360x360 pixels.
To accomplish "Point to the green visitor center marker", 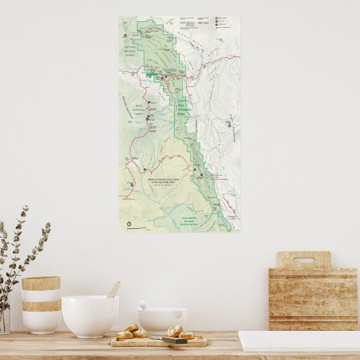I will click(163, 76).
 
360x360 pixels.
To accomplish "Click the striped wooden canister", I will click(41, 304).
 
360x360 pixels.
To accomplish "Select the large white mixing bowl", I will click(90, 316).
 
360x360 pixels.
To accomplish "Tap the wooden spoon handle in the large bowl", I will click(113, 289).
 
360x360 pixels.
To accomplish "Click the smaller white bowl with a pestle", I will click(162, 320).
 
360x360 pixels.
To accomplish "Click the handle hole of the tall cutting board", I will click(303, 260).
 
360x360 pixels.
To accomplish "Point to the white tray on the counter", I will click(298, 340).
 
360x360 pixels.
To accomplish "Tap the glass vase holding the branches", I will click(4, 319).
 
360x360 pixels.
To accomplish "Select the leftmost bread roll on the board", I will click(124, 335).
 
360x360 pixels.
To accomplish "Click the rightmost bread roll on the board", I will click(186, 335).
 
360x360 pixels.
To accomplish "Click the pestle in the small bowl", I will click(145, 306).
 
